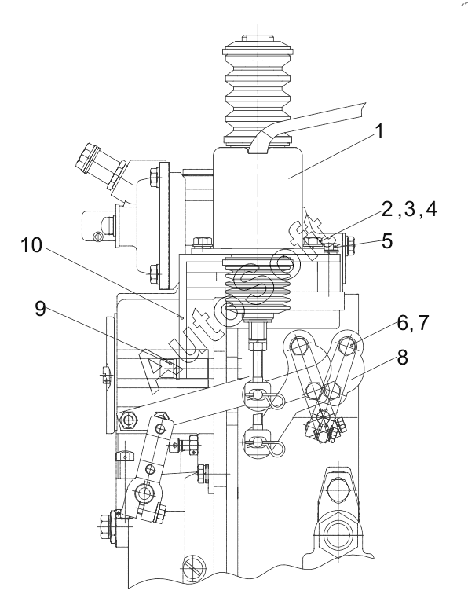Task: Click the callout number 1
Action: click(379, 131)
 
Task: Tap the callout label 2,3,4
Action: click(409, 209)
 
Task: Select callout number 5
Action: click(387, 241)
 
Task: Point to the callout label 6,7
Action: click(412, 323)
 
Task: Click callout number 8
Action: click(402, 357)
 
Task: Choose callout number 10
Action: click(31, 245)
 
